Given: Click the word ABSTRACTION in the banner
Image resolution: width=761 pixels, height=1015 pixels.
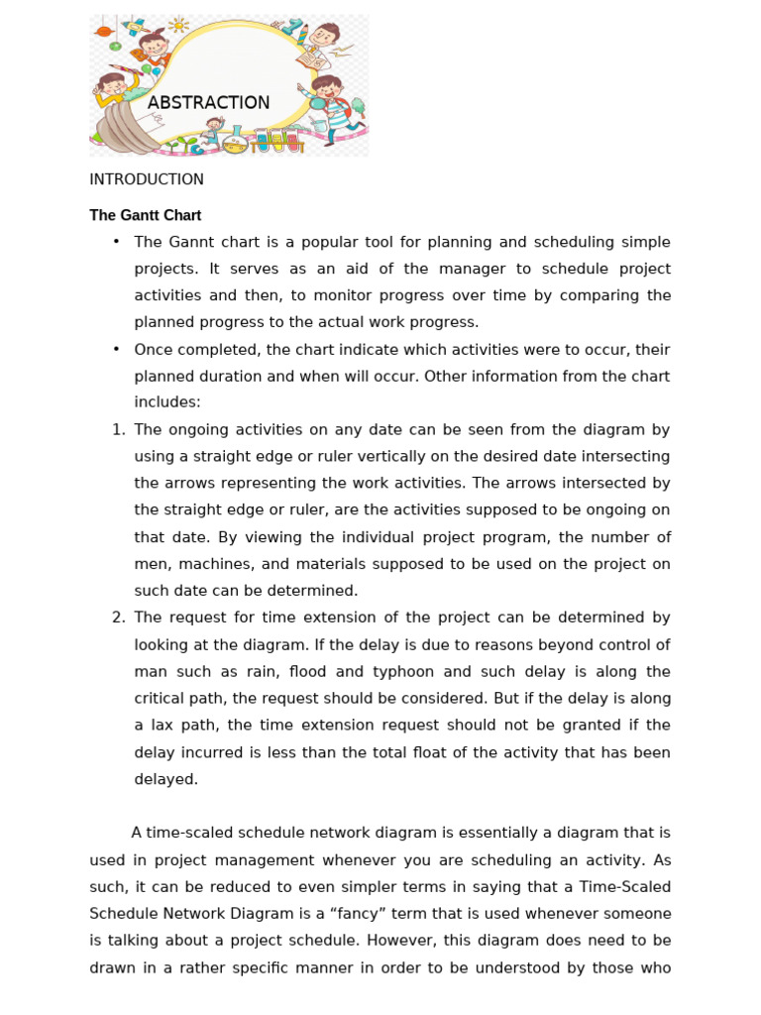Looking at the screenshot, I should (208, 102).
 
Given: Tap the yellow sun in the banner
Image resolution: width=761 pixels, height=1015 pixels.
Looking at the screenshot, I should (179, 25).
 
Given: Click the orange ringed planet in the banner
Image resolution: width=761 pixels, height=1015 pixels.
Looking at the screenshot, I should (102, 32).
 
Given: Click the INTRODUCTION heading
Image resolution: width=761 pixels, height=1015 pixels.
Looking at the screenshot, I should (147, 179).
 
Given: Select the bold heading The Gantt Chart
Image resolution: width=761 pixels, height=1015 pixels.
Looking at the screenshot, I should (146, 215).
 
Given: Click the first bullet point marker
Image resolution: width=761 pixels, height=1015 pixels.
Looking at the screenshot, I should (116, 242).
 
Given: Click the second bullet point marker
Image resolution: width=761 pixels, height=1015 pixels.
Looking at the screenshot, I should (116, 349).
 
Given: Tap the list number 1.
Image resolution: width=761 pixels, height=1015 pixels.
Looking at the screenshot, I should (118, 429).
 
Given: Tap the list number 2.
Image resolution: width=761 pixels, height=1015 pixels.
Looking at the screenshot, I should (118, 618).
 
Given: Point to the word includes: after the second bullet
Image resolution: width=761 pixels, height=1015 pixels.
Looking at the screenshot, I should (167, 402).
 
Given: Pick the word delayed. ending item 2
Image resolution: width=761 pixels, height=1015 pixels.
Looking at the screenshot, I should (166, 779).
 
